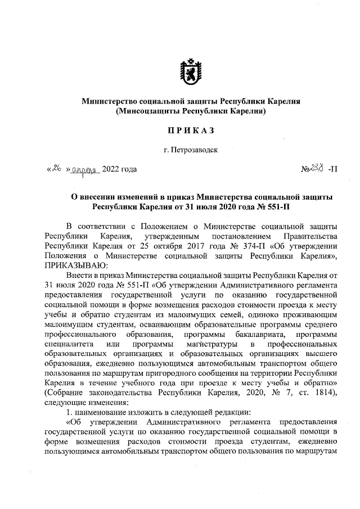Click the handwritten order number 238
[319, 168]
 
